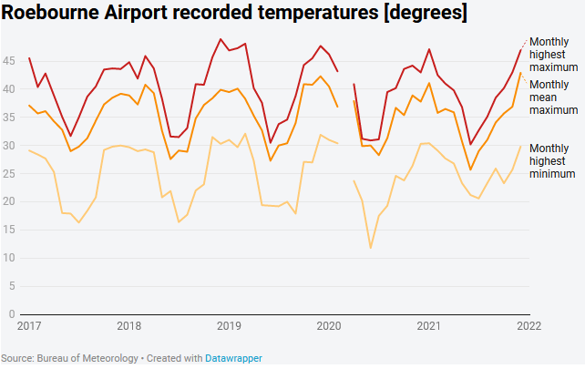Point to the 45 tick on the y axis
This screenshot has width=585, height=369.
tap(10, 60)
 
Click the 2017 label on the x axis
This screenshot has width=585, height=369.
tap(29, 325)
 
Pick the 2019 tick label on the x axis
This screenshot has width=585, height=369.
tap(228, 325)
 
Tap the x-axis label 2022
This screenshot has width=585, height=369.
tap(528, 325)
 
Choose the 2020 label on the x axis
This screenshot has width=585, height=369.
tap(327, 325)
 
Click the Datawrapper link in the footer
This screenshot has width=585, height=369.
tap(233, 358)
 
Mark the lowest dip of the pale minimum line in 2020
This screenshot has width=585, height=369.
tap(371, 248)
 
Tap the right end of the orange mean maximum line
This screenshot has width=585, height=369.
tap(520, 73)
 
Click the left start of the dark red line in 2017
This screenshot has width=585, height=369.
tap(29, 58)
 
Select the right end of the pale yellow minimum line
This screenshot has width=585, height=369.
tap(520, 146)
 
